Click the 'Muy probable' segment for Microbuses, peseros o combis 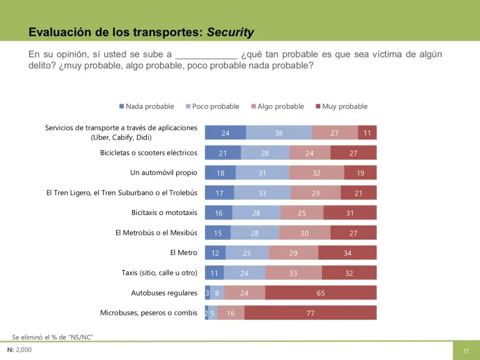(311, 313)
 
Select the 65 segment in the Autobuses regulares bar (321, 293)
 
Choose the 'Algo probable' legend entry (277, 107)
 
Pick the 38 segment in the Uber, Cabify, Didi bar (279, 133)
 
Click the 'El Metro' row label (184, 253)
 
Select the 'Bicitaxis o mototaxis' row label (164, 213)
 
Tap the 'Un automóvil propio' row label (164, 173)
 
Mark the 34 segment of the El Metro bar (347, 253)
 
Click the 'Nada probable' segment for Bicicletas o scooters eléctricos (222, 153)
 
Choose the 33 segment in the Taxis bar (294, 273)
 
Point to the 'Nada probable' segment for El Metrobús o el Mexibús (217, 233)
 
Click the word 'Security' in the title (231, 32)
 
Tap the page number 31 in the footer (466, 351)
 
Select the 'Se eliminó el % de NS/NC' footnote (52, 337)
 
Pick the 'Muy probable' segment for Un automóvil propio (361, 173)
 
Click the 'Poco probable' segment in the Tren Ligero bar (262, 193)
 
